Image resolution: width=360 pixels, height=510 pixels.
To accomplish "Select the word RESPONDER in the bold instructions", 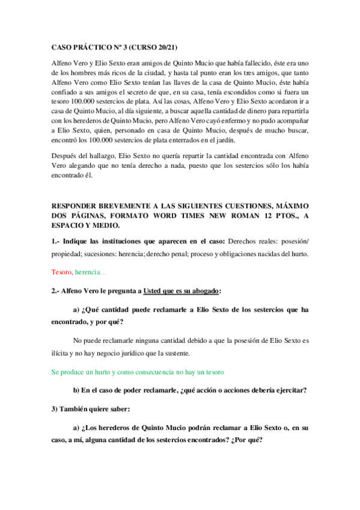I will (75, 206).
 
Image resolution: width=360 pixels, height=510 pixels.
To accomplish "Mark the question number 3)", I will (55, 410).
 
